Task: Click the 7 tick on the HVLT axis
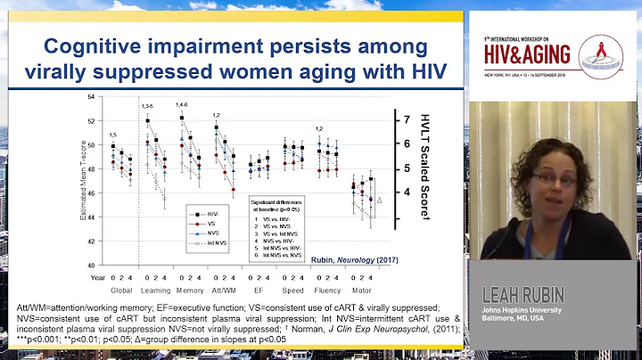[x=406, y=119]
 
